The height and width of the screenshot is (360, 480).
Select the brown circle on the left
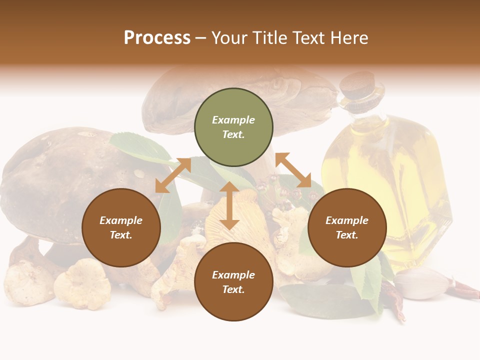(x=121, y=227)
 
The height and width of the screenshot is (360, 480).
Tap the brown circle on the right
(x=347, y=227)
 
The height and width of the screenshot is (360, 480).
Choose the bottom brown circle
(x=233, y=281)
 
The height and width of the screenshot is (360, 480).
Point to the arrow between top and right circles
(x=293, y=170)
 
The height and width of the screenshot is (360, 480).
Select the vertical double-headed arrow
(x=229, y=205)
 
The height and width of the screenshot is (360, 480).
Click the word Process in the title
(x=157, y=37)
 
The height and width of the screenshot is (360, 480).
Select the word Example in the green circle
(x=233, y=120)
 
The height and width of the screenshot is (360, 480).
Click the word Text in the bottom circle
(x=233, y=289)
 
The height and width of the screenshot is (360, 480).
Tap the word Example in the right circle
(x=347, y=220)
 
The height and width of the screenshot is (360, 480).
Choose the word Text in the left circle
(x=121, y=235)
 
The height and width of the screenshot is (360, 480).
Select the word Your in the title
(x=231, y=37)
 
